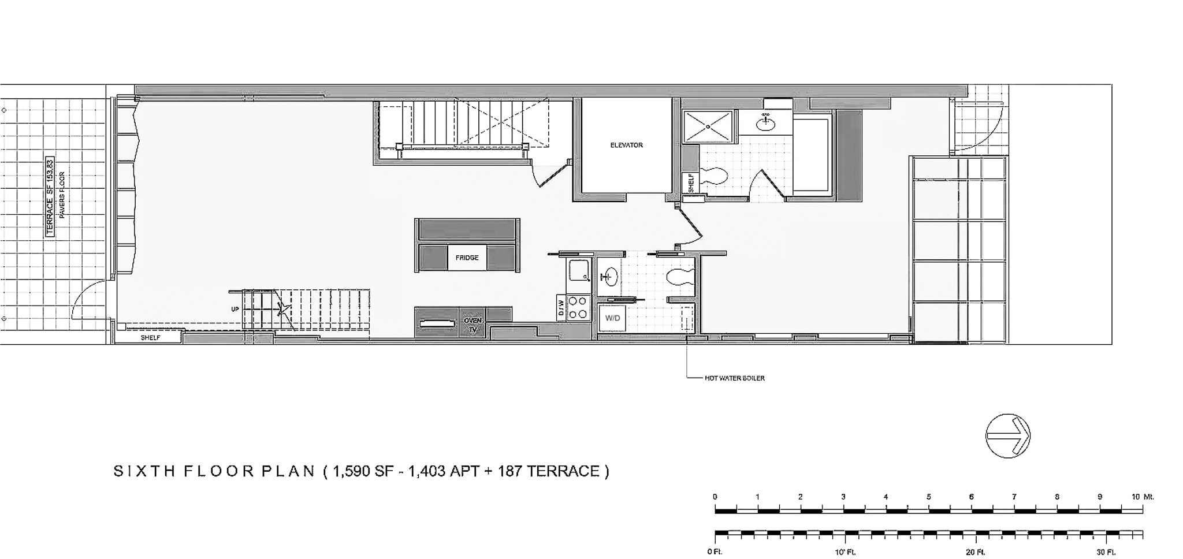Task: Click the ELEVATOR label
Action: pos(626,146)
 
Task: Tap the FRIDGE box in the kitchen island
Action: pos(467,258)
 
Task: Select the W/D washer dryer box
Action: pos(612,318)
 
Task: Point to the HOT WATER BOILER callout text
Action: pos(734,378)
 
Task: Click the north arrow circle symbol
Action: pos(1007,436)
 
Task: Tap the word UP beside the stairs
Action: pos(235,309)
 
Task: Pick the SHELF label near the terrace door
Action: pos(150,338)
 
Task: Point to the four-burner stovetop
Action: pos(579,307)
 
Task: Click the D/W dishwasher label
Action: pos(560,308)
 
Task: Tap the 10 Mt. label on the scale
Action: pos(1142,497)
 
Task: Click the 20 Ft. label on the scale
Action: pos(975,552)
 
